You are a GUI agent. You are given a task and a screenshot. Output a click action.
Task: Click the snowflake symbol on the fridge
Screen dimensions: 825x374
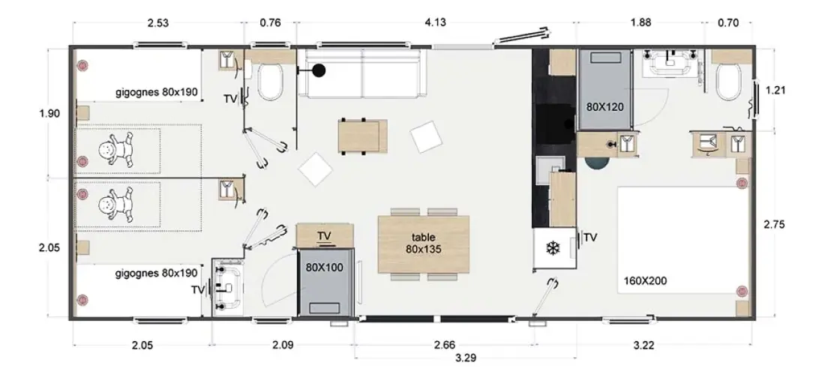553,248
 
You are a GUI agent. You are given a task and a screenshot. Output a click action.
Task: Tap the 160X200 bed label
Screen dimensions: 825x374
645,281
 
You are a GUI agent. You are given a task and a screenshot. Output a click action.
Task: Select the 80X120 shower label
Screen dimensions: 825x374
604,107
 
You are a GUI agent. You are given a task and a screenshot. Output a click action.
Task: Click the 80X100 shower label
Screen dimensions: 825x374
324,268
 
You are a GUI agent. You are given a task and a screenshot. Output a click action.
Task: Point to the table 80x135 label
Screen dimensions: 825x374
424,244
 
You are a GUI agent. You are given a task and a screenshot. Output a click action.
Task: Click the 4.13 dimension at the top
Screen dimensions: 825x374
435,22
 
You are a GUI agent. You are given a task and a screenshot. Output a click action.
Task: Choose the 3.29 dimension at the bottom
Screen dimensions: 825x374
466,359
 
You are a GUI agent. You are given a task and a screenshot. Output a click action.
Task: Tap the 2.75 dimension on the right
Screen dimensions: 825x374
775,224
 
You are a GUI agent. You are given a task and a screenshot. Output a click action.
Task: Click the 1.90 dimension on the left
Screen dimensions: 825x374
49,113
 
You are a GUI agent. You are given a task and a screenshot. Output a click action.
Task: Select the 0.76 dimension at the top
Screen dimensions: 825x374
271,22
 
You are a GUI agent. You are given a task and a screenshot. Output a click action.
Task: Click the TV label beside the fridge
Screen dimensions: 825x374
591,238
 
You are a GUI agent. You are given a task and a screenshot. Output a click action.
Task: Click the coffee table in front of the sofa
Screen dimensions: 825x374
362,136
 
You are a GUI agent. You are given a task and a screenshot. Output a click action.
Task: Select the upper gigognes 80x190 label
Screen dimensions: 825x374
157,93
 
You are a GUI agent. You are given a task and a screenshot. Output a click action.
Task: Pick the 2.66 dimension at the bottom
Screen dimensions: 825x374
444,346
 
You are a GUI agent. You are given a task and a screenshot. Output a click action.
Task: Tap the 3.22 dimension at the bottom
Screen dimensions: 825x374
644,346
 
